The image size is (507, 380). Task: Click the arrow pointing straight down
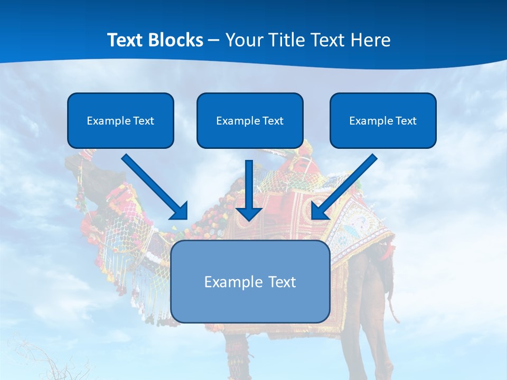tap(249, 190)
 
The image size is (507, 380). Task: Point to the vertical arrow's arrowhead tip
tap(249, 220)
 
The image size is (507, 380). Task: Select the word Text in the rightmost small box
tap(406, 121)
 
